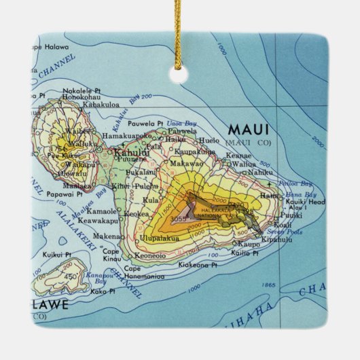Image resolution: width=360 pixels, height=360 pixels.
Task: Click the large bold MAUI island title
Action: coord(248,129)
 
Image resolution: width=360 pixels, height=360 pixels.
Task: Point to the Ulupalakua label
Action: coord(160,238)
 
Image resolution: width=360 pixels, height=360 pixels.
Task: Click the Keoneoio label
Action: coord(151,255)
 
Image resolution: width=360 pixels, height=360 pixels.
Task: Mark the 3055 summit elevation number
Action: coord(179,218)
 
